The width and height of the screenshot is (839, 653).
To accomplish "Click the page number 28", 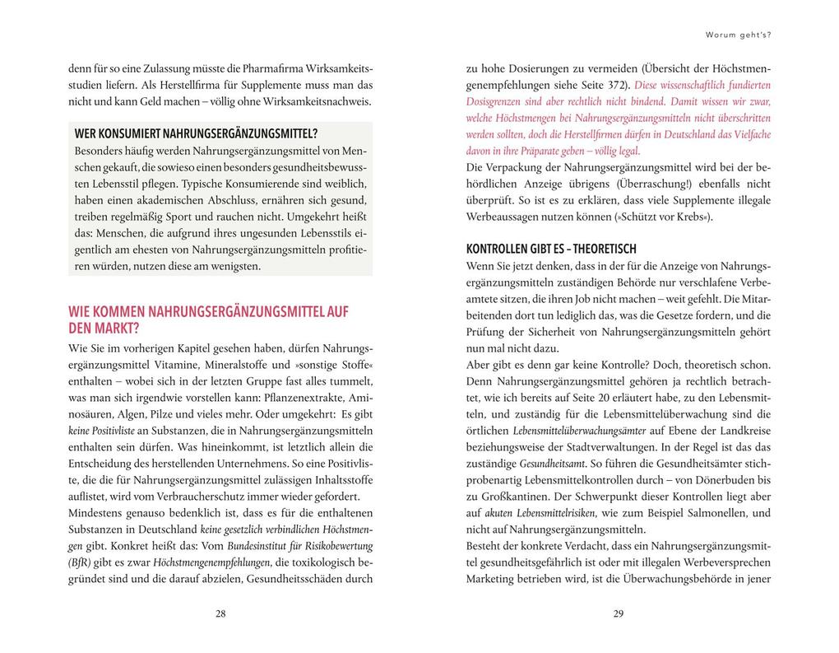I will (220, 613).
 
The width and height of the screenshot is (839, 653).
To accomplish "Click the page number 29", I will (619, 613).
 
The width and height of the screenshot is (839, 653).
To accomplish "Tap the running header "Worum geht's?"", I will (738, 35).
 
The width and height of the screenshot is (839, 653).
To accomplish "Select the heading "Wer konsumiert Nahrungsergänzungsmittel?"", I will (196, 133).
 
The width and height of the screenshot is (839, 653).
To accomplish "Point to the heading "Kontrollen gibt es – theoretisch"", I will (551, 249).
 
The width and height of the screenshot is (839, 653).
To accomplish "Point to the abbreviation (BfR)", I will (81, 562).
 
